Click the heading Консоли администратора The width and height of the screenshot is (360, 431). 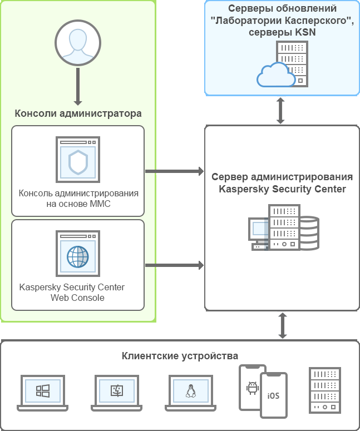pos(78,113)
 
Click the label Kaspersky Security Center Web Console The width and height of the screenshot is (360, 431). pos(72,293)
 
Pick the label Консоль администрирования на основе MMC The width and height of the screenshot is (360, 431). pos(78,199)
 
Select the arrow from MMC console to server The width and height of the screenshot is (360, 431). pos(174,171)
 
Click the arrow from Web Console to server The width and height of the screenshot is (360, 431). pos(174,266)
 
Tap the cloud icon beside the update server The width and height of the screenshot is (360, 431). pos(276,76)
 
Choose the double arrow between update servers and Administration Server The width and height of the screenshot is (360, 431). pos(281,111)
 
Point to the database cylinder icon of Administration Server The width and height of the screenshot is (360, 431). pos(309,233)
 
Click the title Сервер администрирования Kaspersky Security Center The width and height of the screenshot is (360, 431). pos(282,183)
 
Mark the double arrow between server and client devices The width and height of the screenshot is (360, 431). pos(282,326)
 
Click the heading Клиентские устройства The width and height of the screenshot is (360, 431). pos(180,356)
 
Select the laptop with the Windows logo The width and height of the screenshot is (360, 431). pos(43,393)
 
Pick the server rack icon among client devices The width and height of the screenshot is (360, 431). pos(324,390)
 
